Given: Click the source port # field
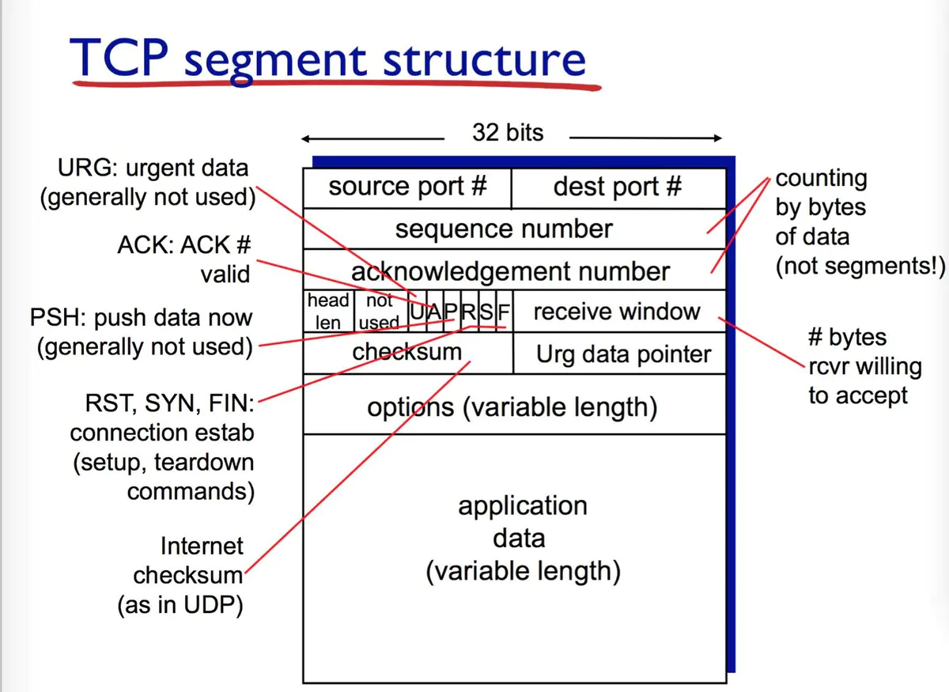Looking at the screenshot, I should tap(407, 187).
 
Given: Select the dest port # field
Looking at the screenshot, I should tap(618, 187).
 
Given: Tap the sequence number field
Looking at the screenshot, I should tap(504, 229).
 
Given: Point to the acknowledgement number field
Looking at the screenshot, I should tap(510, 271).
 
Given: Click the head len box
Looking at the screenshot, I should tap(328, 311).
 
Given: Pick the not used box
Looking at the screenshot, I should tap(380, 311).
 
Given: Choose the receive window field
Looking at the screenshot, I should tap(617, 311).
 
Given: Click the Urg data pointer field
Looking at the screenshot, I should tap(623, 354).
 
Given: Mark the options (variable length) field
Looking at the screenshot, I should tap(512, 408).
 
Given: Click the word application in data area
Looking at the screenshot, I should tap(522, 506).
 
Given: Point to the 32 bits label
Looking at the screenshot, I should tap(508, 132).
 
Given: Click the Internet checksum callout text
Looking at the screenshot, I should tap(189, 561).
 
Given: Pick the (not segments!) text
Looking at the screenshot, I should tap(860, 266).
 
